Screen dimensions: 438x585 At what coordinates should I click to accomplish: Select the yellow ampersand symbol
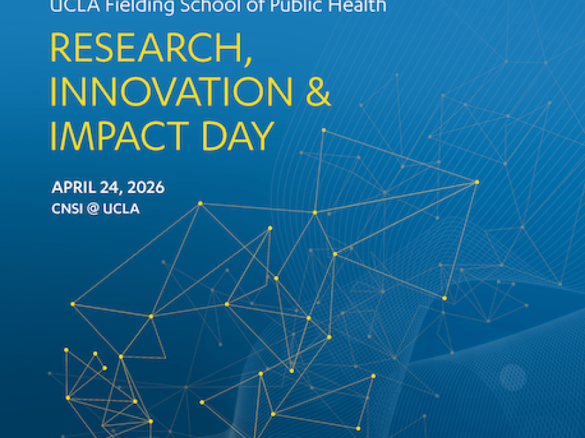pyautogui.click(x=318, y=93)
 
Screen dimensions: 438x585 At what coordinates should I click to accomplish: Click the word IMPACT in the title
pyautogui.click(x=123, y=137)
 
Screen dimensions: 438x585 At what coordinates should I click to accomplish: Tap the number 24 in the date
pyautogui.click(x=108, y=188)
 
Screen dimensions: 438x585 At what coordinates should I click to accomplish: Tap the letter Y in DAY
pyautogui.click(x=261, y=137)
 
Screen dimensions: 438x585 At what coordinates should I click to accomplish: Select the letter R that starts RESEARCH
pyautogui.click(x=61, y=50)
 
